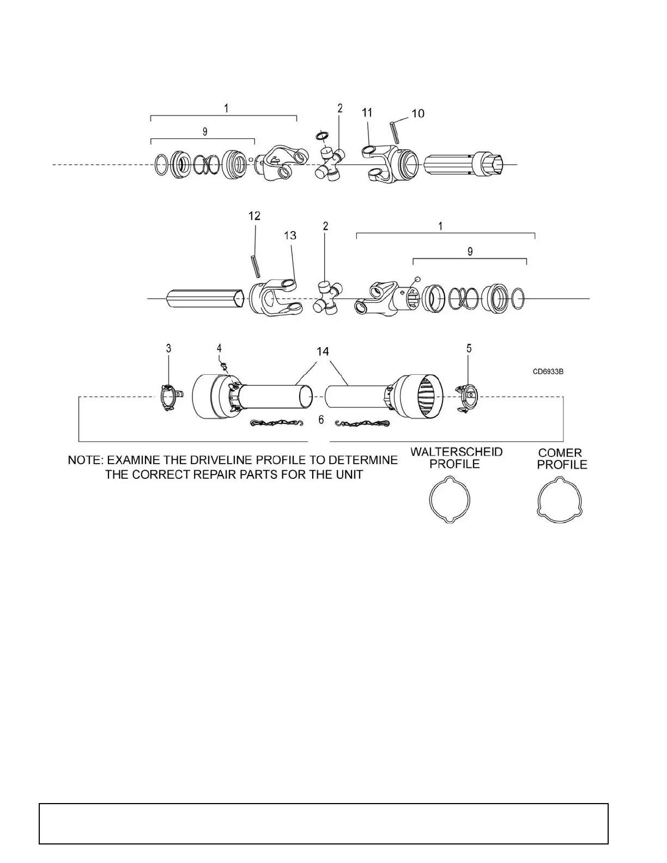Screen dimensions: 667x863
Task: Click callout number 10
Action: click(418, 113)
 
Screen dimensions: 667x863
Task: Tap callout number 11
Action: click(367, 112)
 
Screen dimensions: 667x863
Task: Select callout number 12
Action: click(254, 216)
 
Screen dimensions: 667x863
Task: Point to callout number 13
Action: click(290, 235)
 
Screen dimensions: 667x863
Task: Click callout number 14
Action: click(323, 351)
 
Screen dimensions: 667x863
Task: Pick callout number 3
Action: click(169, 348)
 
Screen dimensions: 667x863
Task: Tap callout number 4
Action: click(219, 348)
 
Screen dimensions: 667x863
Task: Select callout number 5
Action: click(469, 348)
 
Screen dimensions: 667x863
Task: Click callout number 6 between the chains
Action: click(321, 419)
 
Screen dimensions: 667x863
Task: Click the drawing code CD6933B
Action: click(548, 372)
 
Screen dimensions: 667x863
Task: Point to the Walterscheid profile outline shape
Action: click(450, 499)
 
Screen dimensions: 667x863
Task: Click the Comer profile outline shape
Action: click(560, 499)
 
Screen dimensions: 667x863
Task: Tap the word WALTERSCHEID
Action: click(457, 452)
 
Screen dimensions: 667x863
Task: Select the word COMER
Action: click(560, 453)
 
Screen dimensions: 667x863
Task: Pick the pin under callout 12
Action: click(255, 266)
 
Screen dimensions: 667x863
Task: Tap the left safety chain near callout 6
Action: click(276, 423)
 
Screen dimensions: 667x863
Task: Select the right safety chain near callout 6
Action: click(362, 423)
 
